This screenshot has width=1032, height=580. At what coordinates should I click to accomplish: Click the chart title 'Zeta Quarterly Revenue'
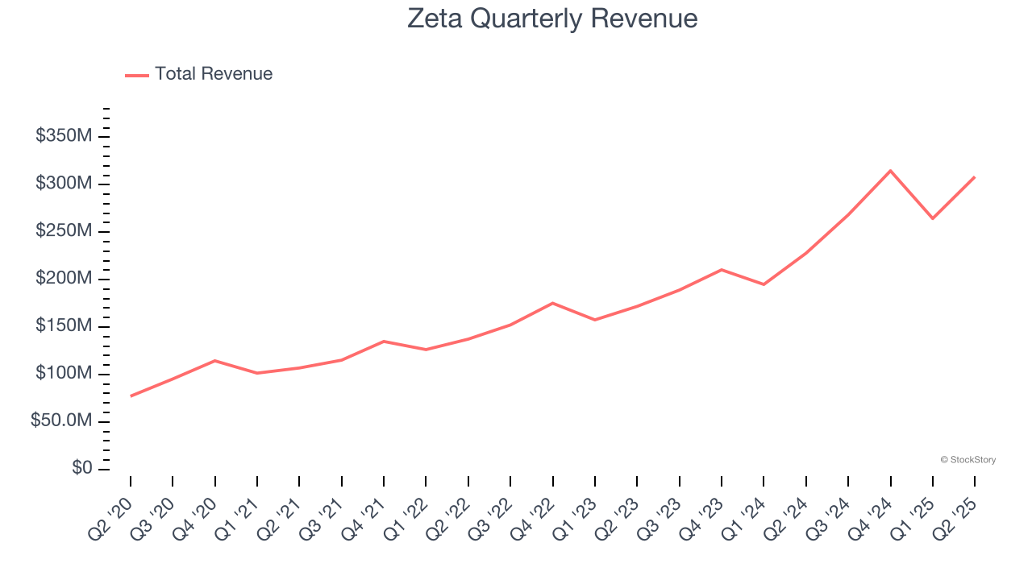[x=552, y=18]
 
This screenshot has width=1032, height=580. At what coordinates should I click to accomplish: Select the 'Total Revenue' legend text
[x=214, y=74]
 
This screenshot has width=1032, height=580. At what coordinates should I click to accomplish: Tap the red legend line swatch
[x=137, y=75]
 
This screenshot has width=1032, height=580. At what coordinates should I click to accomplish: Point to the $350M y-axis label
[x=64, y=136]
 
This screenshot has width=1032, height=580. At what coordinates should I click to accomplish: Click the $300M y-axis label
[x=64, y=184]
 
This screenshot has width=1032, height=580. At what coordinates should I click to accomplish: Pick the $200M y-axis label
[x=64, y=279]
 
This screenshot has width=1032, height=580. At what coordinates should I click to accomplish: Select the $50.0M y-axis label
[x=61, y=421]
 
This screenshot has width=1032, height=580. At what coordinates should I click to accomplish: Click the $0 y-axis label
[x=81, y=469]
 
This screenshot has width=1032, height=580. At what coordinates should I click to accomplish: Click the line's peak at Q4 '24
[x=890, y=171]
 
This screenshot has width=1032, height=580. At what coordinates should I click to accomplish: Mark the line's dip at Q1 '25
[x=933, y=218]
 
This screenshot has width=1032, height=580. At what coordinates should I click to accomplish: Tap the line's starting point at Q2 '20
[x=131, y=396]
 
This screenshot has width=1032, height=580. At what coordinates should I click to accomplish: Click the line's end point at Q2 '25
[x=975, y=177]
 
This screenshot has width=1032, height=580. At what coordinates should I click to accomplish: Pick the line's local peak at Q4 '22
[x=552, y=303]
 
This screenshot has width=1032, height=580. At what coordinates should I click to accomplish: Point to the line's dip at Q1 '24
[x=764, y=284]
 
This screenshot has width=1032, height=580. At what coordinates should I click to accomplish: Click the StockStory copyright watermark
[x=967, y=460]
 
